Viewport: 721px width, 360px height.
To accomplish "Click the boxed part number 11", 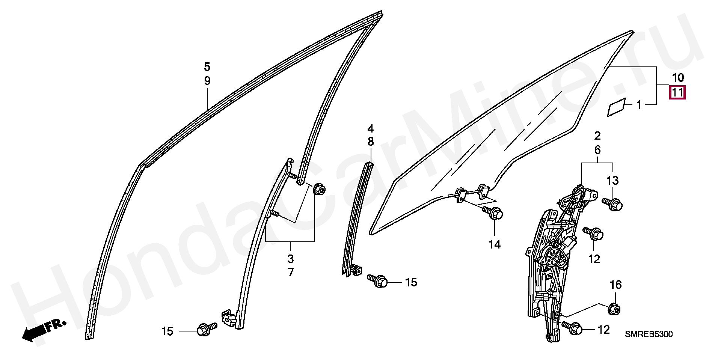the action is (x=677, y=92).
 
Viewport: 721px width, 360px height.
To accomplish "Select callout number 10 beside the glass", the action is (x=677, y=78).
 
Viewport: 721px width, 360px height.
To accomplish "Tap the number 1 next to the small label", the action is (x=639, y=105).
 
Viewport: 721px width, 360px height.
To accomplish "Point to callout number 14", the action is (x=495, y=245).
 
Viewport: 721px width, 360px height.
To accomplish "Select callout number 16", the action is (x=615, y=286).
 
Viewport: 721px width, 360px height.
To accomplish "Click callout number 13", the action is (x=612, y=181).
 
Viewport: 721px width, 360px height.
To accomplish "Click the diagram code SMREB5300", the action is (x=649, y=334).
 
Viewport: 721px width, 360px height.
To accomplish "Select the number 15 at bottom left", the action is (x=167, y=331).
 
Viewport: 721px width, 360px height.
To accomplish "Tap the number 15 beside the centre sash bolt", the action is (x=411, y=282).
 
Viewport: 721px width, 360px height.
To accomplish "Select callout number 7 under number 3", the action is (x=291, y=273).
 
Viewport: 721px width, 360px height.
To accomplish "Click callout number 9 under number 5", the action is (x=207, y=81).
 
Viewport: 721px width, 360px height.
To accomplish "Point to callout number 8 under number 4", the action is (x=371, y=142).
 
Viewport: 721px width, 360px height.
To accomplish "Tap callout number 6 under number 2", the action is (x=597, y=150).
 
